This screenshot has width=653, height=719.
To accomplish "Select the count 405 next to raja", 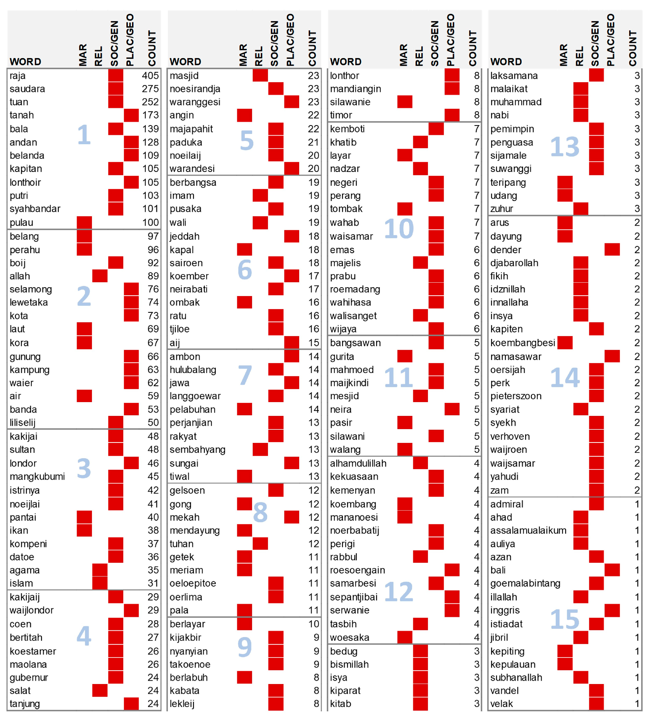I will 150,75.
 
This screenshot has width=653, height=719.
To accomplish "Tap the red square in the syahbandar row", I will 115,209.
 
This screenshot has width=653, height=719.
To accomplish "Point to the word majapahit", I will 191,129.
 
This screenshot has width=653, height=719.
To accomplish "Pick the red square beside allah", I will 100,276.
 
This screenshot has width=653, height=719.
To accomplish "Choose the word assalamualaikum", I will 528,530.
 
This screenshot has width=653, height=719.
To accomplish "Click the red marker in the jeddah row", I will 292,236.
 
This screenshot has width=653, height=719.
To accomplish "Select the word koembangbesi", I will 523,343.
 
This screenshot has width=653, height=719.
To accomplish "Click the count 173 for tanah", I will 150,115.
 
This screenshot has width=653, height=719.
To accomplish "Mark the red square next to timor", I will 452,115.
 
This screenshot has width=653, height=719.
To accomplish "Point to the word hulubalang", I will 193,369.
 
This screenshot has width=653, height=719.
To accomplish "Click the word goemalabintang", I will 525,583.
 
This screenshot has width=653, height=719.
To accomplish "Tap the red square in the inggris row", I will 612,610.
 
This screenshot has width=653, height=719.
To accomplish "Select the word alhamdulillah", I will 358,463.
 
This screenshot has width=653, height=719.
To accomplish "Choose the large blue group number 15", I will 565,619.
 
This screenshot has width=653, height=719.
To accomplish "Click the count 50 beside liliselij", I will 153,423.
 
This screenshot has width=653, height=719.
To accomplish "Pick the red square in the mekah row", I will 292,517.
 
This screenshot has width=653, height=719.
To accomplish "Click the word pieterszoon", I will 516,396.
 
